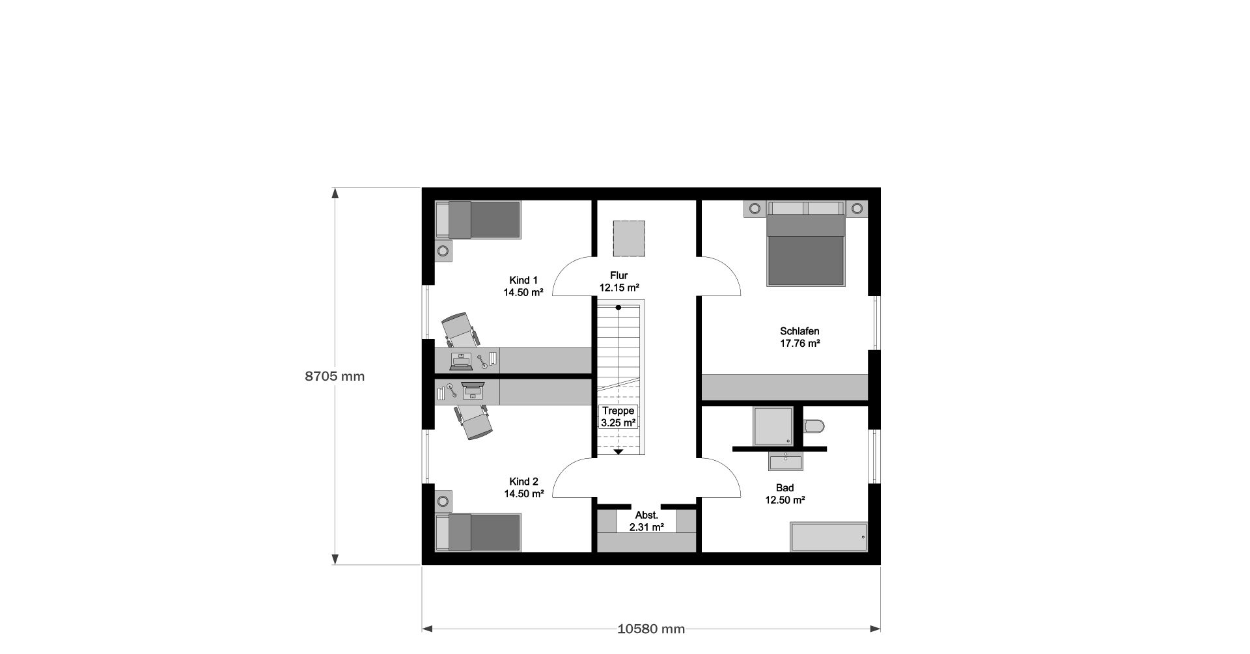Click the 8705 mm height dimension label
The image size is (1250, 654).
tap(335, 376)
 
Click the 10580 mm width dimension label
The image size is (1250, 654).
tap(651, 629)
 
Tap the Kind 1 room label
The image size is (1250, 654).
tap(523, 286)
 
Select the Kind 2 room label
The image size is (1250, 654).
tap(523, 487)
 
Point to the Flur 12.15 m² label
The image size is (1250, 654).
tap(619, 281)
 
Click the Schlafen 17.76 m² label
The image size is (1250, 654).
tap(799, 337)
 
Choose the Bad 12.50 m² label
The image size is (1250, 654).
tap(785, 494)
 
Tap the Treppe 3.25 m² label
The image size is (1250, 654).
tap(618, 416)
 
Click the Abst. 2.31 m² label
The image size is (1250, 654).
tap(646, 521)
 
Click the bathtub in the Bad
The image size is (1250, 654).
tap(829, 537)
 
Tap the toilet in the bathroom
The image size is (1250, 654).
tap(814, 426)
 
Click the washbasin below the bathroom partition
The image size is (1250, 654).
tap(786, 461)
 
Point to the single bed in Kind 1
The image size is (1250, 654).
tap(478, 220)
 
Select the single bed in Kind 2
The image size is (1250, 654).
tap(478, 532)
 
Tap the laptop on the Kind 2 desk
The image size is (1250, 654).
tap(473, 390)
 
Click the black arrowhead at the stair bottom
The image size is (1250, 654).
tap(618, 451)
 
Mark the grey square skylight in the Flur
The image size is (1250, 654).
tap(629, 238)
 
